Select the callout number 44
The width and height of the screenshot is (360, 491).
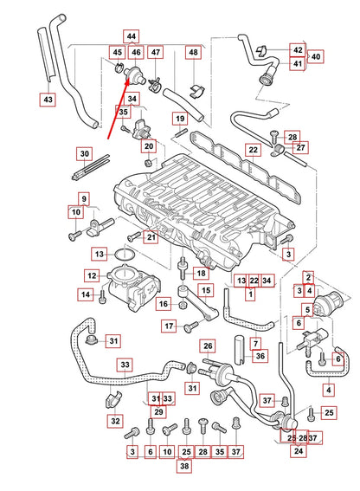(131, 36)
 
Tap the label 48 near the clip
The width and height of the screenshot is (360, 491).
(192, 53)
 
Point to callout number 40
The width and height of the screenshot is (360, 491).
(316, 56)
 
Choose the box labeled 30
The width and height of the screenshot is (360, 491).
(83, 154)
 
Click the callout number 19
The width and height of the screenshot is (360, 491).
(180, 119)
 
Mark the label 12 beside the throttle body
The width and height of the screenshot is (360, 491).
(91, 275)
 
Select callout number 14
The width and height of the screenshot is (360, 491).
(86, 295)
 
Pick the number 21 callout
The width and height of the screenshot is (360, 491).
(150, 237)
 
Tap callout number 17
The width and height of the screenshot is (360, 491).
(168, 326)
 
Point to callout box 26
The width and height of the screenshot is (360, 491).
(208, 346)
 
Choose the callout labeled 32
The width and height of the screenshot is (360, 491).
(114, 421)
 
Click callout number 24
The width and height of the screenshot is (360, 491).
(298, 451)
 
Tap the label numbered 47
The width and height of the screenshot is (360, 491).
(156, 53)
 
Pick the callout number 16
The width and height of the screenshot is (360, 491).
(163, 304)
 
